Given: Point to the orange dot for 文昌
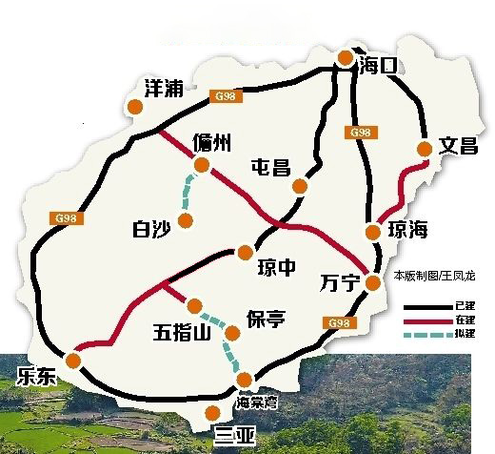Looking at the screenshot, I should coord(425,148).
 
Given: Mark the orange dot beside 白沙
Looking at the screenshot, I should coord(187,221).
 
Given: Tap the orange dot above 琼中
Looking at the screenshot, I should coord(246,252).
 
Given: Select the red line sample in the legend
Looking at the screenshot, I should coord(427,320).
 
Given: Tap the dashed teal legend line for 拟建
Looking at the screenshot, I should coord(427,335).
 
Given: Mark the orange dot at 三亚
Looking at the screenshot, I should coord(213,413).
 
